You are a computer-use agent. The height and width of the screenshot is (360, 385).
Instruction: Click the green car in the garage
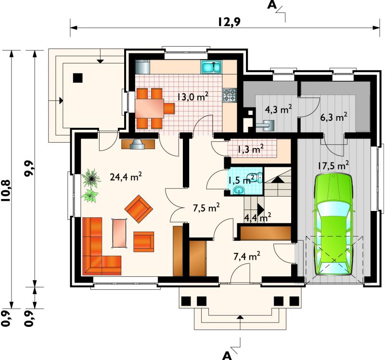tap(334, 224)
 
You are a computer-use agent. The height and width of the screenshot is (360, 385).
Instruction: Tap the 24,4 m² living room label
tap(126, 176)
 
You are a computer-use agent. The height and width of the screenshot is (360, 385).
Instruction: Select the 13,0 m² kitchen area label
tap(192, 97)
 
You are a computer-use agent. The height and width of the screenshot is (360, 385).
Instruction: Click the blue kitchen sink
tap(211, 67)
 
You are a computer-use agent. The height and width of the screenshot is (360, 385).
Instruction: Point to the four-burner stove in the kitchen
tap(230, 95)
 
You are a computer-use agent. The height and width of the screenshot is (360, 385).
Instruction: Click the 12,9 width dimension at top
tap(230, 22)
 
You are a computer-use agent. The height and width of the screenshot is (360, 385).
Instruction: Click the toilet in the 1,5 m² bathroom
tap(257, 177)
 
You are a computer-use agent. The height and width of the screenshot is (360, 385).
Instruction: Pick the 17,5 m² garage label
tap(333, 165)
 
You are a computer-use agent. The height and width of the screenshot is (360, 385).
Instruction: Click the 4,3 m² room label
tap(278, 109)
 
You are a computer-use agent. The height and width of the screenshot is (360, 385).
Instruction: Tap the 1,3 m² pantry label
tap(250, 149)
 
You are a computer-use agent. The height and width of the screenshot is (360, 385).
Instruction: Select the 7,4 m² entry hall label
tap(247, 256)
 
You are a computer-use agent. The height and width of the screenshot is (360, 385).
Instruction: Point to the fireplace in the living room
tap(138, 144)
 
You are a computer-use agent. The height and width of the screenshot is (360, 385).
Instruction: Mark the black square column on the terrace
tap(78, 78)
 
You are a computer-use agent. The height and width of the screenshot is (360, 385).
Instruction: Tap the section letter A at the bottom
tap(227, 356)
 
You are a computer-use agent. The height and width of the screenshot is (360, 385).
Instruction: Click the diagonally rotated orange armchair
tap(139, 209)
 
